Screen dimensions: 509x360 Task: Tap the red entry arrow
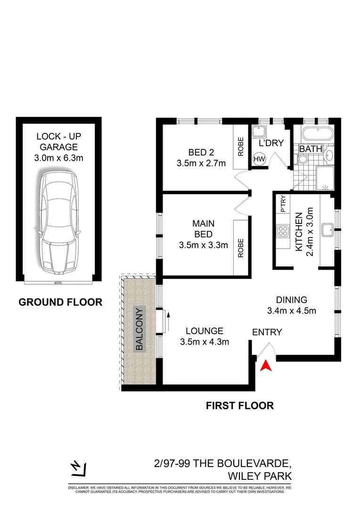click(x=266, y=365)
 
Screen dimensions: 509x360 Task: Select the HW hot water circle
click(x=259, y=159)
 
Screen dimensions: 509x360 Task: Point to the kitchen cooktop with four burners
click(x=284, y=230)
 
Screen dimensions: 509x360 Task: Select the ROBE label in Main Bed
click(x=241, y=247)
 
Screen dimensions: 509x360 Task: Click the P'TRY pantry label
click(x=283, y=204)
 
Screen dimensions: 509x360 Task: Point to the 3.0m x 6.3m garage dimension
click(x=60, y=158)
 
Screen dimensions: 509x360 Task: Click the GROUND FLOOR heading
click(x=60, y=302)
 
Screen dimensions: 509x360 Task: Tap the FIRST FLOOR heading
click(x=239, y=405)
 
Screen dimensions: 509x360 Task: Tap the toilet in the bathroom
click(x=303, y=160)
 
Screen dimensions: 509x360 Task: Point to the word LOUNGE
click(x=204, y=331)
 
